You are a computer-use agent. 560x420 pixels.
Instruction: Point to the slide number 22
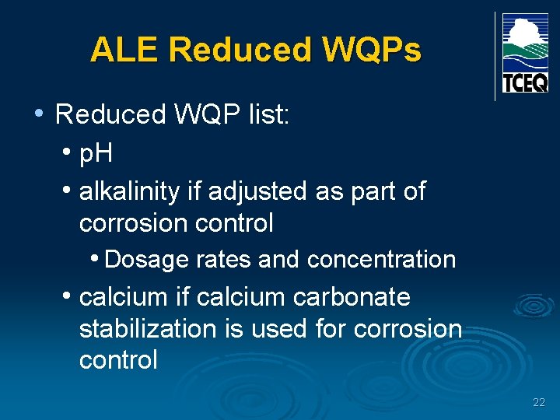[x=539, y=402]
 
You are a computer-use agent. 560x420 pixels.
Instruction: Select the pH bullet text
[x=96, y=154]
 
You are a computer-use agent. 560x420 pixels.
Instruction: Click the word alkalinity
[x=129, y=191]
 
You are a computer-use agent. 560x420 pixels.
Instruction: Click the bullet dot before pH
[x=68, y=152]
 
